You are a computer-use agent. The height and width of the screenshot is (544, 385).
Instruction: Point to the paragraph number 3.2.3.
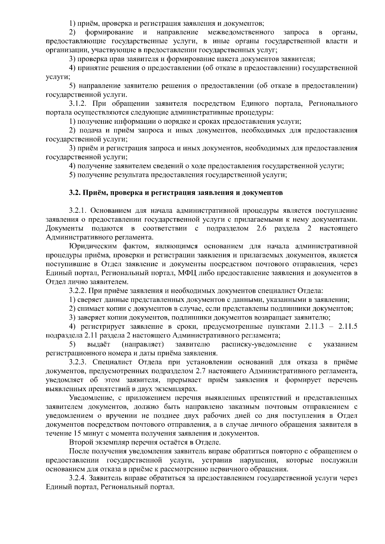coord(79,362)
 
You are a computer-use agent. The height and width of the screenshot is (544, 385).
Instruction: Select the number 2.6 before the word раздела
coord(262,228)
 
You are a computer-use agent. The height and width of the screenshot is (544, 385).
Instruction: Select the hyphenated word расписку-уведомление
coord(259,344)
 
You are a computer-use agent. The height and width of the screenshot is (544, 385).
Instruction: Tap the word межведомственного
coord(241,32)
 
